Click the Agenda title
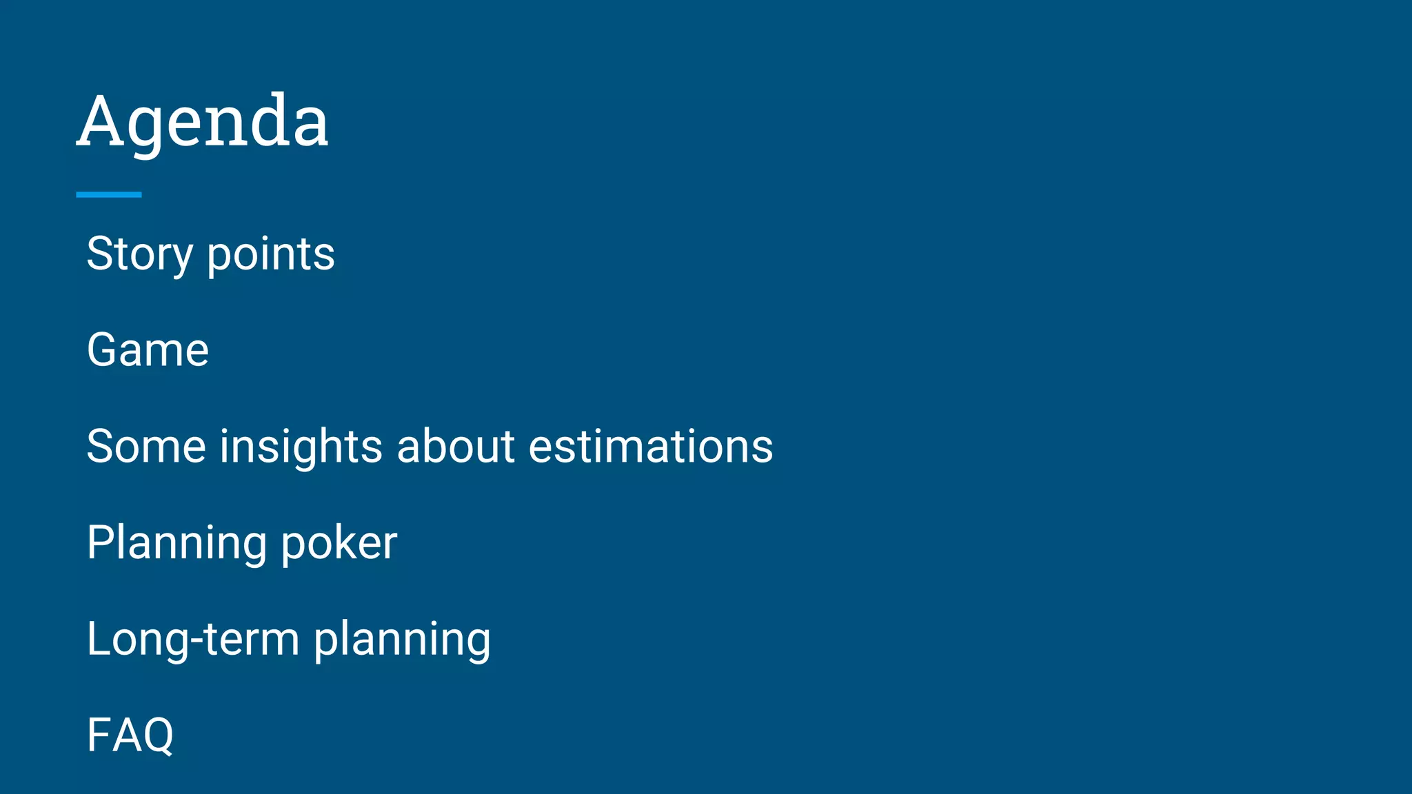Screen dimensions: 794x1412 point(202,122)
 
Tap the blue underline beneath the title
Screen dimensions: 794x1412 point(109,195)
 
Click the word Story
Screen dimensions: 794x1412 point(139,254)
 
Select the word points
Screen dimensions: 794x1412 point(271,254)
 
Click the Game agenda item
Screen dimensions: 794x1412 point(148,350)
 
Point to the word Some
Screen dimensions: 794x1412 point(146,446)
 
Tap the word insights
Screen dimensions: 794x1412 point(301,446)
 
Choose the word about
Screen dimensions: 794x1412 point(456,446)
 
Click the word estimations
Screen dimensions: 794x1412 point(650,446)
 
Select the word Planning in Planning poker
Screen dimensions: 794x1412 point(176,543)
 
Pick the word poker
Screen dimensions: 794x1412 point(339,543)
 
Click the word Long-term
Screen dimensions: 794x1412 point(193,639)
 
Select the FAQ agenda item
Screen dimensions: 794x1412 point(130,735)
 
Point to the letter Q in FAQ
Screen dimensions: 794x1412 point(156,736)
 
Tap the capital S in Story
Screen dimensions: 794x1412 point(99,254)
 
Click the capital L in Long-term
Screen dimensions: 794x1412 point(99,639)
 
